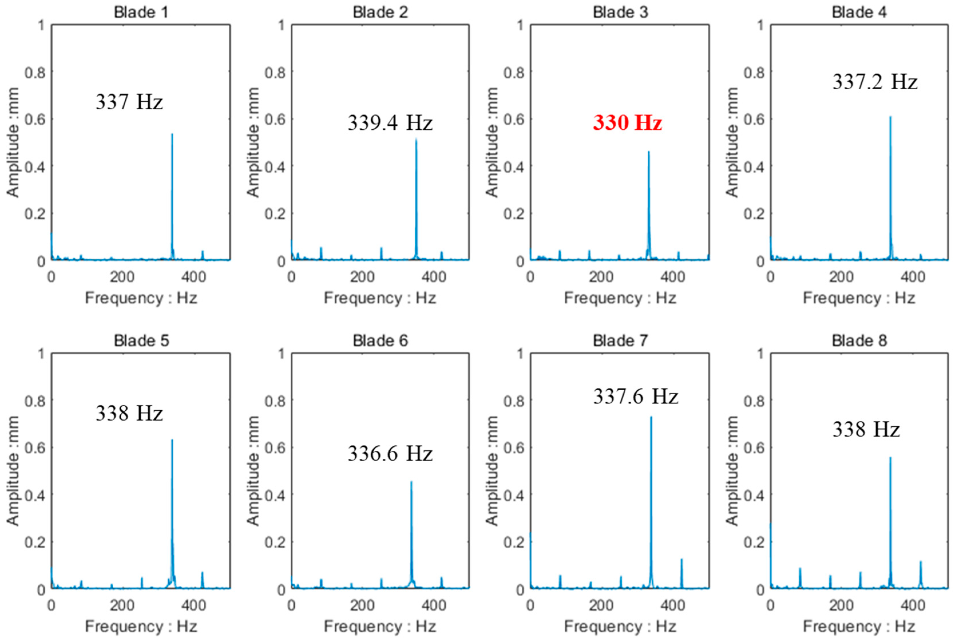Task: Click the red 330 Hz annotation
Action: point(627,122)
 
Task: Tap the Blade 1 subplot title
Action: point(141,12)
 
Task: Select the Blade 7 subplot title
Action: point(620,341)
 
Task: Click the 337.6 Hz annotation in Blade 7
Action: point(635,396)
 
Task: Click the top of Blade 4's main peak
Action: point(890,117)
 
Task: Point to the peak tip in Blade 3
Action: point(648,152)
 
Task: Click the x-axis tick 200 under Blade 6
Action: point(362,605)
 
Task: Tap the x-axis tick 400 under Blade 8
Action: point(912,605)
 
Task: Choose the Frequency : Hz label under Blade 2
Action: point(380,298)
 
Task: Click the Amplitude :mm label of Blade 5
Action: point(13,470)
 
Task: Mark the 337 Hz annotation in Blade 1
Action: point(129,101)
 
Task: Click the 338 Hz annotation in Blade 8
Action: point(866,429)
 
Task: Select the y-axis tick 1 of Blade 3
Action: point(520,25)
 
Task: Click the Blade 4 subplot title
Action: point(859,12)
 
